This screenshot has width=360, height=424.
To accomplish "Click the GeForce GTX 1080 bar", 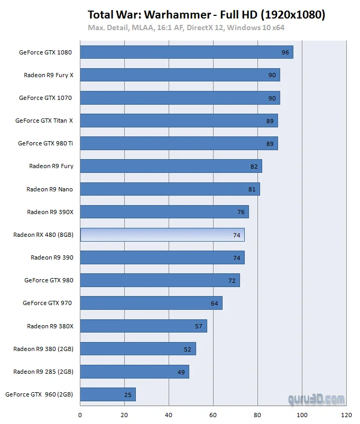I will pos(186,52).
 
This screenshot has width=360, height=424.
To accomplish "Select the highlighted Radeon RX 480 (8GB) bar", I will pos(162,235).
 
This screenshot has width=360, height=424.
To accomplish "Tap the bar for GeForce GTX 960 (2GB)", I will pos(108,394).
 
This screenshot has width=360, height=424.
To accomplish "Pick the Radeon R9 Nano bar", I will pos(170,189).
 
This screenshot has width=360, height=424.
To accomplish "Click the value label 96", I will pos(285,52).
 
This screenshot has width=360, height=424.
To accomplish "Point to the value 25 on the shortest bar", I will pos(127,394).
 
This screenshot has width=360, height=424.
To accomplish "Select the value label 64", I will pos(214,303).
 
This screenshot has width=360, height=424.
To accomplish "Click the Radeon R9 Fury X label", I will pos(49,75).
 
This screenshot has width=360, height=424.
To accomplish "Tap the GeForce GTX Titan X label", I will pos(44,121).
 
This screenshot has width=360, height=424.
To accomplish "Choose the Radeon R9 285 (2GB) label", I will pos(43,372).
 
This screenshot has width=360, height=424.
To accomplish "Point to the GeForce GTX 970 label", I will pos(47,303).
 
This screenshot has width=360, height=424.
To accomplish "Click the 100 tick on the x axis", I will pos(302,415).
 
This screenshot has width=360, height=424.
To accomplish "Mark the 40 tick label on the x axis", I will pos(169,415).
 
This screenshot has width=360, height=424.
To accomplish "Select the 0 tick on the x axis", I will pos(80,415).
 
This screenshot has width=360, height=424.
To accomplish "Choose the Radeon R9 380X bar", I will pos(143,326).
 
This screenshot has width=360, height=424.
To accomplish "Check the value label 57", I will pos(199,326).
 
